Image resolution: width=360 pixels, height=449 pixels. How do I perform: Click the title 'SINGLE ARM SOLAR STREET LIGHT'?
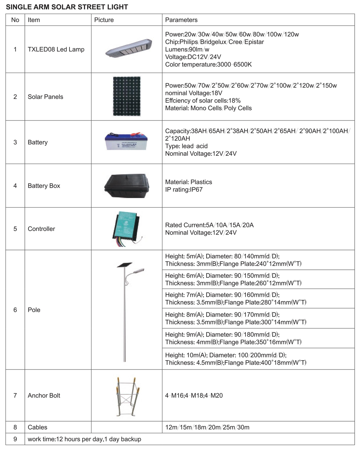[x=67, y=7]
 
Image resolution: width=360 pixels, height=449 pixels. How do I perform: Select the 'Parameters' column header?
[x=181, y=20]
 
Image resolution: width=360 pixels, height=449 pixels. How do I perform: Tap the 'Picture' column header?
[x=104, y=20]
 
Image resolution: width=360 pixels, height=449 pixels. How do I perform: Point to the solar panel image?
[x=126, y=96]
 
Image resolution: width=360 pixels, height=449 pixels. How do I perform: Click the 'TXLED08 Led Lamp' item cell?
[x=56, y=49]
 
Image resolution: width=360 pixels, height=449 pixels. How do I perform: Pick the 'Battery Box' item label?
[x=44, y=186]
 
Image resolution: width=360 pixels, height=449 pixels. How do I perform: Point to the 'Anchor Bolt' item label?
[x=44, y=396]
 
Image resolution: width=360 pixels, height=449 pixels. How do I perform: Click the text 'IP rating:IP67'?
[x=184, y=190]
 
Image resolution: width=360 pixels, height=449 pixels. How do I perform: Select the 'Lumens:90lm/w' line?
[x=187, y=49]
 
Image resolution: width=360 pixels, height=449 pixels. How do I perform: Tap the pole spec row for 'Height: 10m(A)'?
[x=236, y=359]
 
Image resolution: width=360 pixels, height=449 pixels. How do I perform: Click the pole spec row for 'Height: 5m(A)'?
[x=233, y=260]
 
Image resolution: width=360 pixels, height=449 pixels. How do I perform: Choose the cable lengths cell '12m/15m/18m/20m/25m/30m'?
[x=207, y=427]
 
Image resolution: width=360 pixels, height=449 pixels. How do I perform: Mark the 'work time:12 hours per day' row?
[x=84, y=439]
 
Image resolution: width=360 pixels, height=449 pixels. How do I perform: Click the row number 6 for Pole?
[x=15, y=310]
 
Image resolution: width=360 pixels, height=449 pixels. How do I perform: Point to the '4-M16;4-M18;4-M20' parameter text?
[x=194, y=396]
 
